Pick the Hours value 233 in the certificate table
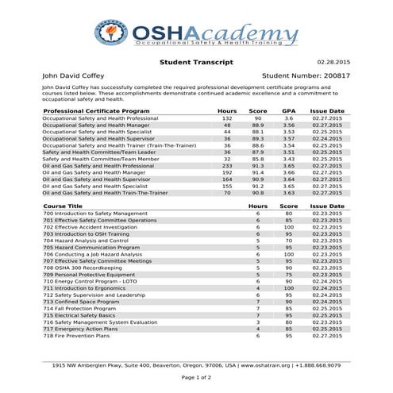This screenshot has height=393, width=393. coord(226,164)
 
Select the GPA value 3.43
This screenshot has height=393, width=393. coord(289,158)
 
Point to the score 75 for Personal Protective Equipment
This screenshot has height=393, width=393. coord(289,273)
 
